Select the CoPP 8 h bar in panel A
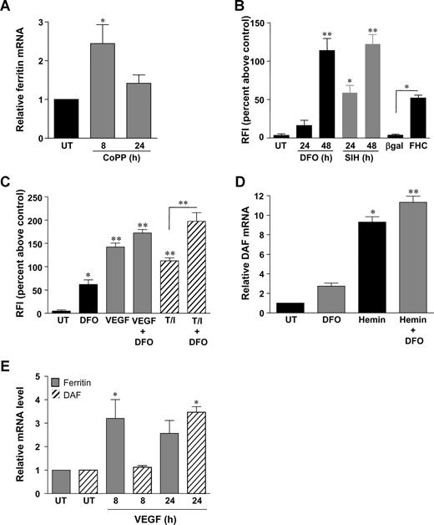(x=108, y=90)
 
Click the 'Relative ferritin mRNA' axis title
(x=12, y=75)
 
